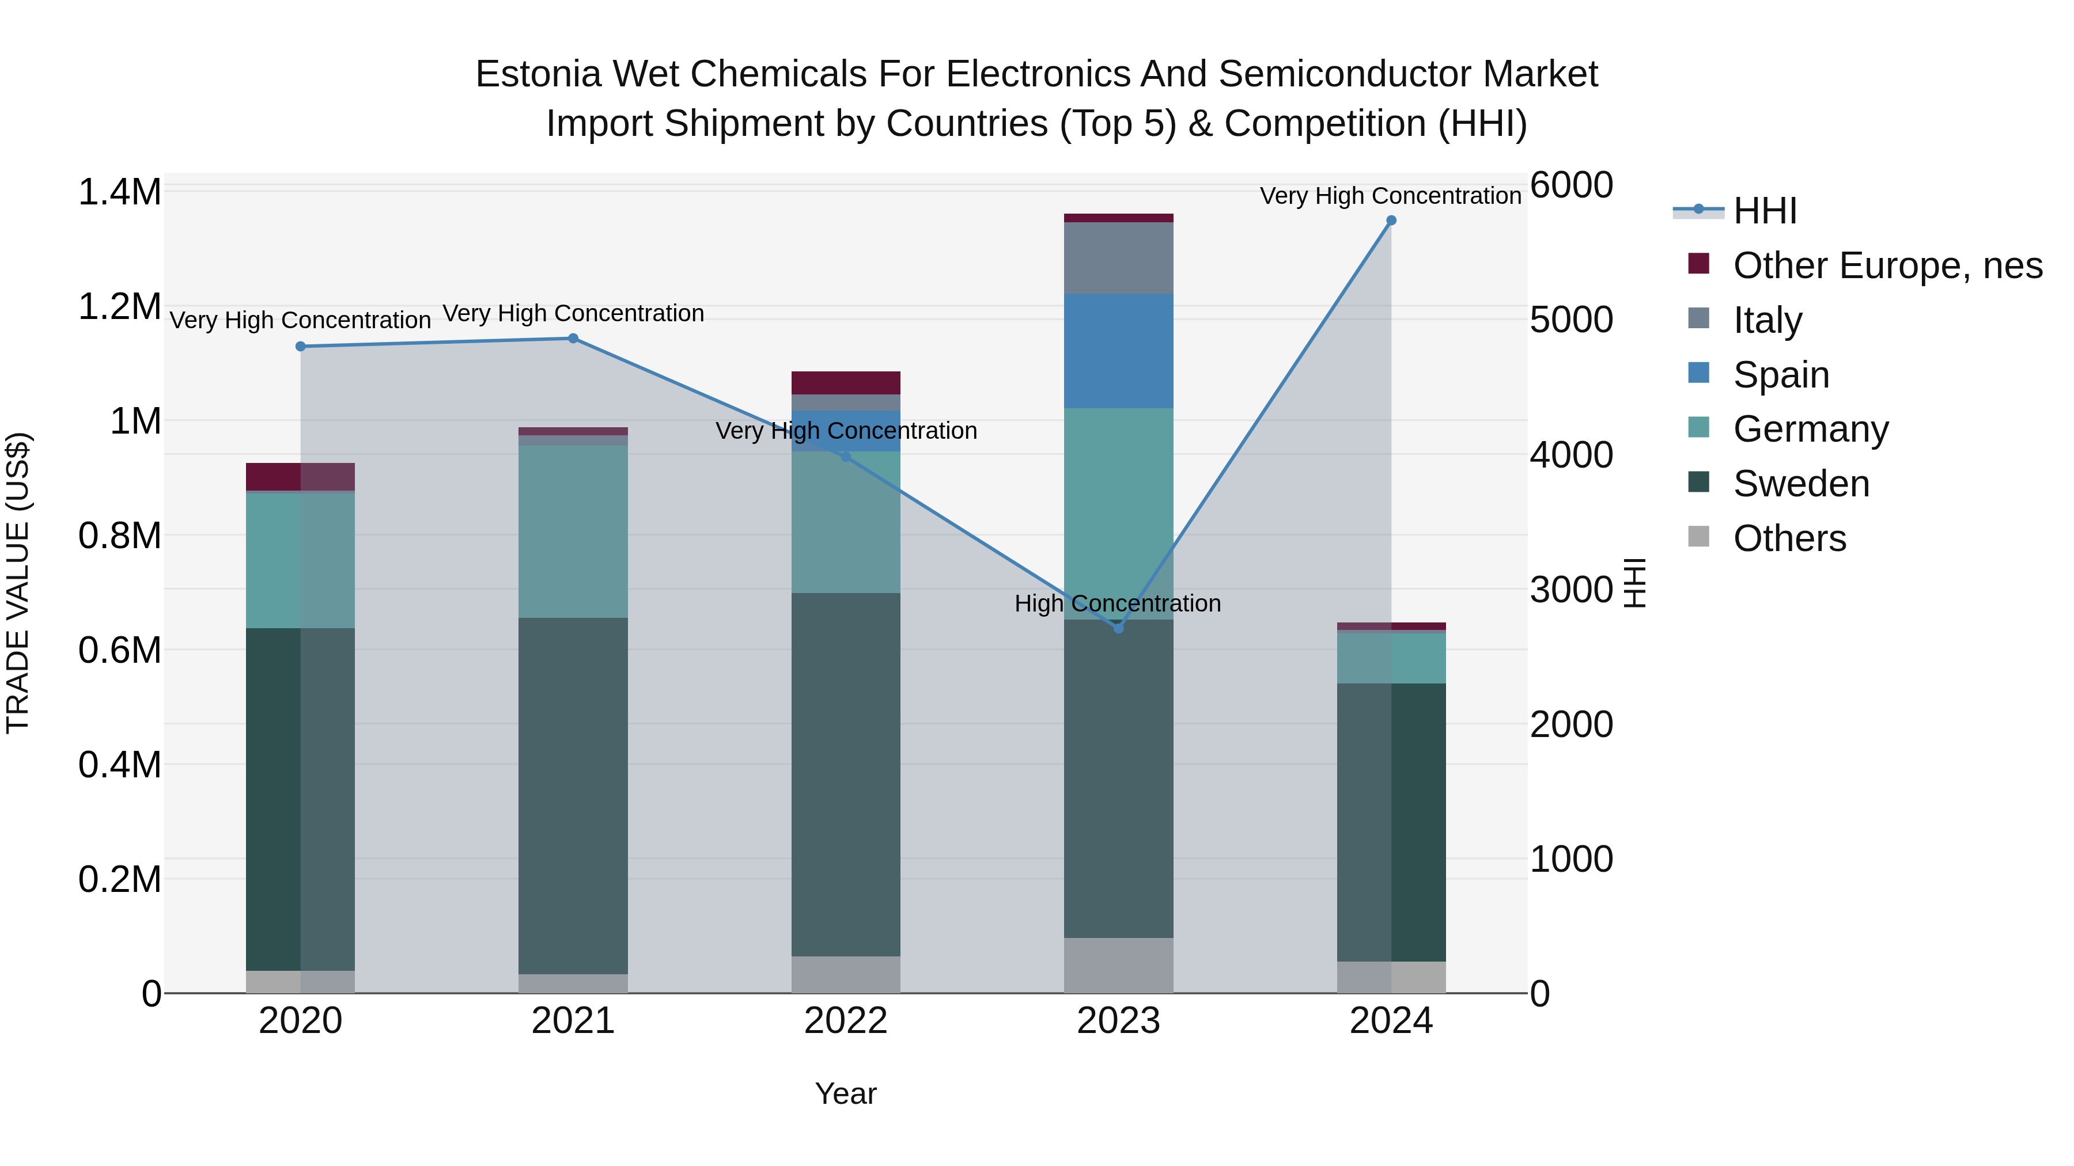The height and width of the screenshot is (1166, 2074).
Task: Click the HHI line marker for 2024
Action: [x=1391, y=221]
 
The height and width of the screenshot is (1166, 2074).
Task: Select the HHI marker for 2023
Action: [x=1118, y=628]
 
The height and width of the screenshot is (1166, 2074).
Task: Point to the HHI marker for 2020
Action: [x=300, y=346]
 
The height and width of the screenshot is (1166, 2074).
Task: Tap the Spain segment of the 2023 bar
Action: [x=1118, y=351]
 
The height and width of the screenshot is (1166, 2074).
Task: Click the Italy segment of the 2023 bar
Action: [x=1118, y=257]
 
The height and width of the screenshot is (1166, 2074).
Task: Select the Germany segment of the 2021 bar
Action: [x=573, y=531]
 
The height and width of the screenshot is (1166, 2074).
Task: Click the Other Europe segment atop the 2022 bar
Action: [x=845, y=382]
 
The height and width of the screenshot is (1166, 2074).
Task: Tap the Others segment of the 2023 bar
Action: [x=1118, y=965]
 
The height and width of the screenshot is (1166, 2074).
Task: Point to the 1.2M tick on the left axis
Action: [x=120, y=306]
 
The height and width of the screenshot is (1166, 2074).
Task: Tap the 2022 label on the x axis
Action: [x=845, y=1021]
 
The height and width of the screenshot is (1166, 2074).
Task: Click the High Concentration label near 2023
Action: [x=1118, y=603]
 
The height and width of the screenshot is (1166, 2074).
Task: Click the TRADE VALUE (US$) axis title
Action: [x=18, y=583]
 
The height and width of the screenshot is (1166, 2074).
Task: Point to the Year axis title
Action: [x=845, y=1093]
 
